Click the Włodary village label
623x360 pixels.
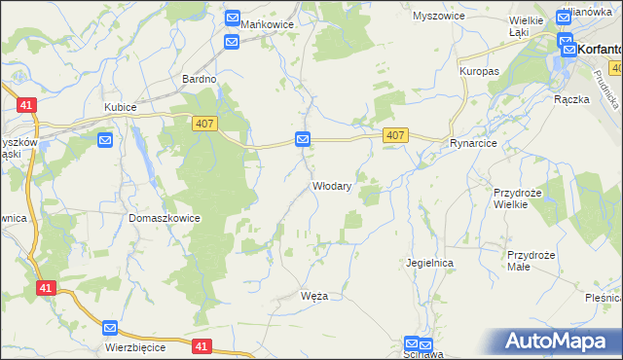[331, 186]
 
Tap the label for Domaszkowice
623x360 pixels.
[165, 219]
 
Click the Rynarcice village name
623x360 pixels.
[473, 143]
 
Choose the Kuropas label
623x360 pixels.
[479, 72]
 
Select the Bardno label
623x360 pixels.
[200, 78]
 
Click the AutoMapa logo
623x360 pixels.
[559, 342]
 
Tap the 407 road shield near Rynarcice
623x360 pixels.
[394, 135]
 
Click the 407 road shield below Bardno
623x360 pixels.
[202, 120]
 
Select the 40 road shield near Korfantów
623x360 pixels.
[616, 67]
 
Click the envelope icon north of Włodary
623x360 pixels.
[303, 140]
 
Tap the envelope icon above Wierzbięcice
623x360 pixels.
[110, 329]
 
